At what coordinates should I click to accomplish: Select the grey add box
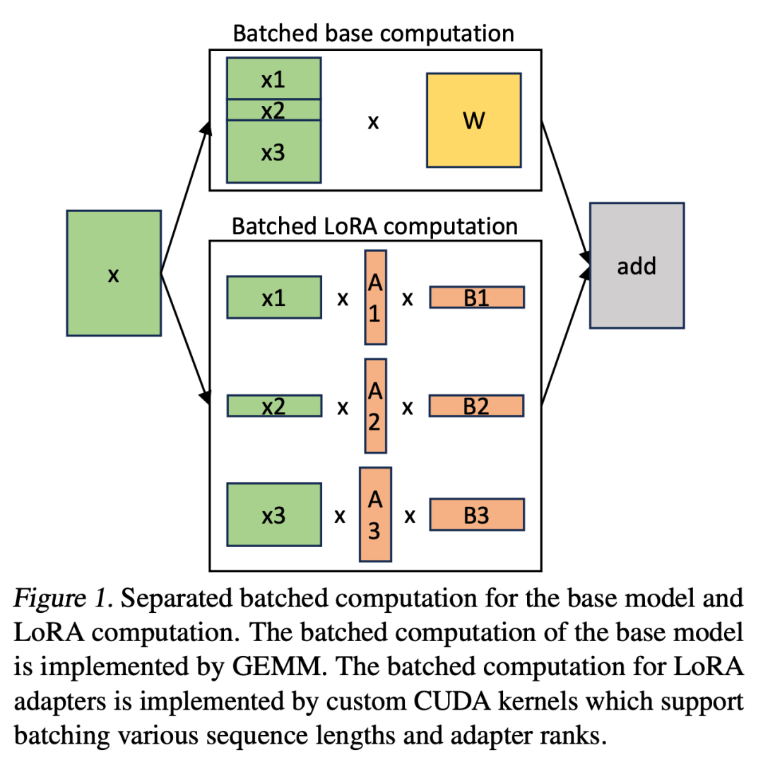click(637, 266)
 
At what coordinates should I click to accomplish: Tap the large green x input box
click(113, 273)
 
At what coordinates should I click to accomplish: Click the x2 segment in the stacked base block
click(273, 110)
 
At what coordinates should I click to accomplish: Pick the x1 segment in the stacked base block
click(273, 78)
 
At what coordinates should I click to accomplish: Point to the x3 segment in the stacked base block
click(273, 151)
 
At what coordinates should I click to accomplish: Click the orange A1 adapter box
click(375, 297)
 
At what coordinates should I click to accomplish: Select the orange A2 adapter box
click(375, 406)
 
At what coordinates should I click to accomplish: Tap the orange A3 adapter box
click(375, 514)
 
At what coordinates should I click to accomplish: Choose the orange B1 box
click(477, 298)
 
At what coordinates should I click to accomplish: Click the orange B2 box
click(477, 406)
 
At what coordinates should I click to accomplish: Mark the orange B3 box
click(477, 515)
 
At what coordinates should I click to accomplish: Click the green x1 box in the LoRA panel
click(273, 298)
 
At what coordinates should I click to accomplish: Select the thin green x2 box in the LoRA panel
click(273, 406)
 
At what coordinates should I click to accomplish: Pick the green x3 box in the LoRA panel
click(273, 515)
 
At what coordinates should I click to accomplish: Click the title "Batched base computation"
click(374, 33)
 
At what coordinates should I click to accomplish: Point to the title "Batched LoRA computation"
click(374, 226)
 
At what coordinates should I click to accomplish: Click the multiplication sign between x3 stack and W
click(374, 122)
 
